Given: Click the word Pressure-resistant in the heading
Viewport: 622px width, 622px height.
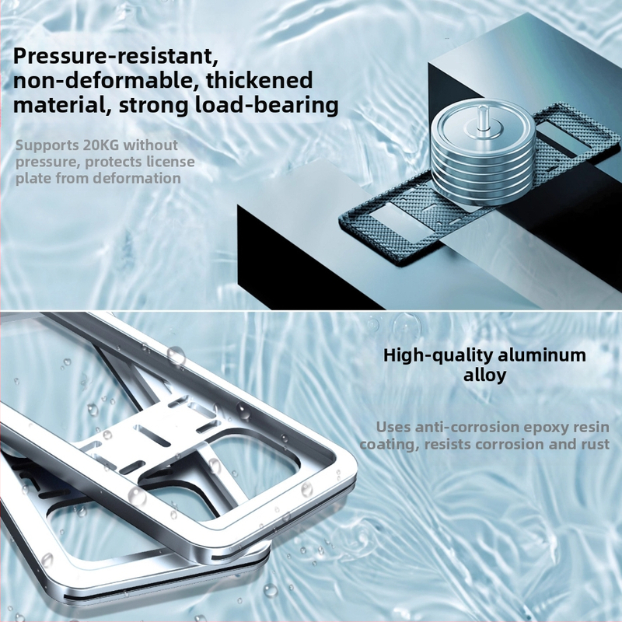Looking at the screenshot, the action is [115, 57].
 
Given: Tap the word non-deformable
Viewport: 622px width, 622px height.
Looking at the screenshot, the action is [106, 81].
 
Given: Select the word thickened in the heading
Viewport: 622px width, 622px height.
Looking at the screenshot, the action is [260, 81].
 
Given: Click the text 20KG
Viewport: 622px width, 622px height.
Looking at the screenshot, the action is [101, 145].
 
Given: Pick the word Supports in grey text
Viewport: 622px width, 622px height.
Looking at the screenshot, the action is [47, 146].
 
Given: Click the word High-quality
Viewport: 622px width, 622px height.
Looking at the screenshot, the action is [438, 356].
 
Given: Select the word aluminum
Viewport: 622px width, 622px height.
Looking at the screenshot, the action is [542, 355].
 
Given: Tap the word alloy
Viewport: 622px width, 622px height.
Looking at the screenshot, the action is [484, 375].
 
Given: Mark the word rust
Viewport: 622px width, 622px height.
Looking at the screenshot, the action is [596, 445].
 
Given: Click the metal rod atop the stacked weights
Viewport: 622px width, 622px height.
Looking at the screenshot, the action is [483, 119].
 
